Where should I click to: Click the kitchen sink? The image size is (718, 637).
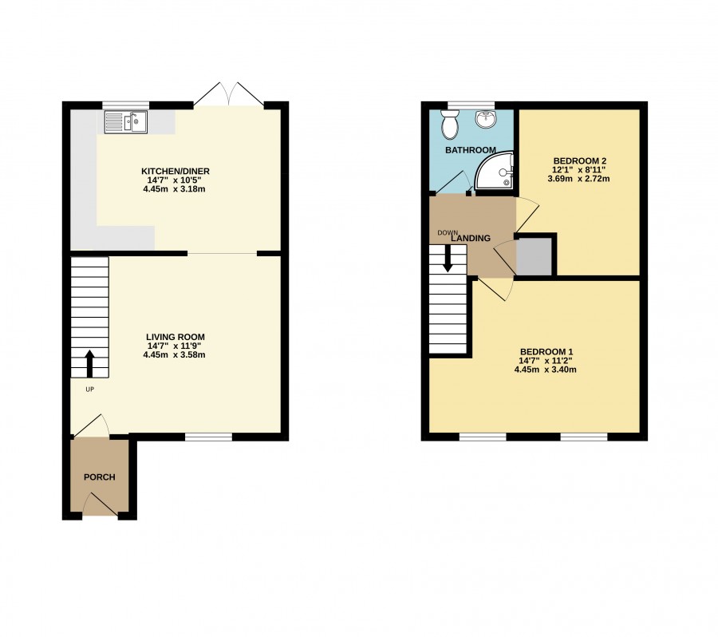(126, 122)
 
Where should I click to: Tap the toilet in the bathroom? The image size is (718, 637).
(449, 125)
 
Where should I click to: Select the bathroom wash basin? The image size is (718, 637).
(485, 119)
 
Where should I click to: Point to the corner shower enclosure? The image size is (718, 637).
(494, 171)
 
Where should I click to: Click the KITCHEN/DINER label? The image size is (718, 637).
(176, 172)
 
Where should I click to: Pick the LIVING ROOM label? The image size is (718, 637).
(176, 338)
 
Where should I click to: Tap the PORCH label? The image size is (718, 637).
(100, 477)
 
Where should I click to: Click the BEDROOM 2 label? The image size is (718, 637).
(580, 161)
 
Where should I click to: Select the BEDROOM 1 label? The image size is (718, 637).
(546, 352)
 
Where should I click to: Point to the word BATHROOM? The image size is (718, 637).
(470, 150)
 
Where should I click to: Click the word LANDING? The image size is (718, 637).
(471, 239)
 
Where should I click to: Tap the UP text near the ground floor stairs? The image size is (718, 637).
(89, 390)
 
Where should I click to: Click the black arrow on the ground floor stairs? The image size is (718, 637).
(89, 363)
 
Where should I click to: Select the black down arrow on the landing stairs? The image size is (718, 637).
(448, 258)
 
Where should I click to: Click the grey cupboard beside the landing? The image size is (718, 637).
(534, 256)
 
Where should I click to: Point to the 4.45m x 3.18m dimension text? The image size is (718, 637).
(174, 189)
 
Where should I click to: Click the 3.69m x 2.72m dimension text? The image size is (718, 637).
(578, 179)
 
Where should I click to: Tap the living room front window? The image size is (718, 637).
(208, 437)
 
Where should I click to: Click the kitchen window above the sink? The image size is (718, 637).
(125, 105)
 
